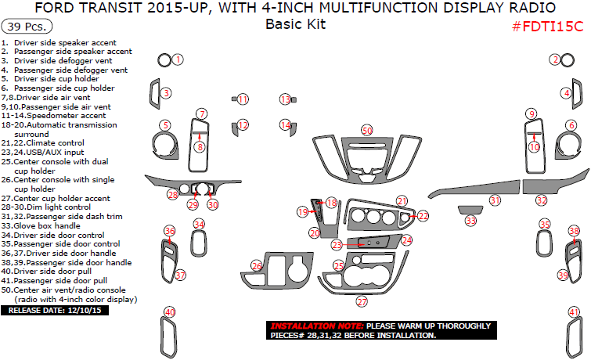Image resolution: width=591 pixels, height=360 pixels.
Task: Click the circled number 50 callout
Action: (367, 130)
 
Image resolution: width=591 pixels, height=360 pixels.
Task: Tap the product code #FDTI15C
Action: (547, 27)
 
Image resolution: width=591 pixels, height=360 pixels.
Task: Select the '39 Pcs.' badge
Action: (25, 26)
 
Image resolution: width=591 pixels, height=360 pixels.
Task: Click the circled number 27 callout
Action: (362, 301)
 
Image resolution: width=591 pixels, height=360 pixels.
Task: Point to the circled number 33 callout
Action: (470, 221)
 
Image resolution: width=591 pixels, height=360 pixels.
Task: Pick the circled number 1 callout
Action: (178, 59)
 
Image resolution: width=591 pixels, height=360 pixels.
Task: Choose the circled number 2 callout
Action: (554, 59)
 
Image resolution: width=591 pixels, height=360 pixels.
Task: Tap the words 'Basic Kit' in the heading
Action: (295, 24)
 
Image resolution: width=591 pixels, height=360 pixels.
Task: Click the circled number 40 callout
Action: (169, 313)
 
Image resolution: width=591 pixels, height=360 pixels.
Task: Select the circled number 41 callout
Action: (575, 313)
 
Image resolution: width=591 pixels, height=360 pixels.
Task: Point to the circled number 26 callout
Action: (256, 267)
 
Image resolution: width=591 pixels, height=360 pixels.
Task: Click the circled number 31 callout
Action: (495, 201)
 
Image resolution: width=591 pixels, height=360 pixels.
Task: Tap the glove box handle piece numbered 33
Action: (470, 209)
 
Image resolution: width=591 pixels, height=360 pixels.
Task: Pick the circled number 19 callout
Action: (302, 212)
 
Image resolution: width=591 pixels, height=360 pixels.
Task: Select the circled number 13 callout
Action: (286, 99)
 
